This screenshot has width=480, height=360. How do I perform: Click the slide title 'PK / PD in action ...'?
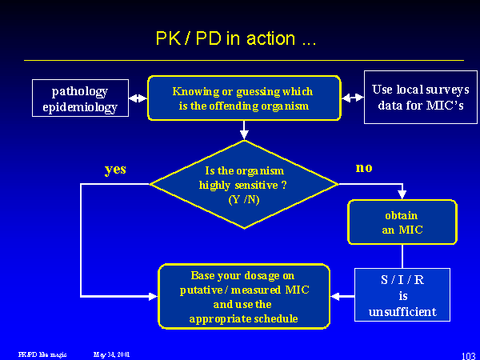(235, 38)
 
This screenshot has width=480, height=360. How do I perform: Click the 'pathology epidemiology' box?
(80, 98)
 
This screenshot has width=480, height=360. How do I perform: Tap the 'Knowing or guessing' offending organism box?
(243, 98)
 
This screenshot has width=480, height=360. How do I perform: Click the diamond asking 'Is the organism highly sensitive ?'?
(243, 185)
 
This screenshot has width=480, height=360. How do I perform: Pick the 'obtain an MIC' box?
(402, 222)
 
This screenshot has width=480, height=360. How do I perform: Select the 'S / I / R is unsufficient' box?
(403, 296)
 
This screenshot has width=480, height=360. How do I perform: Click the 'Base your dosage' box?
(243, 296)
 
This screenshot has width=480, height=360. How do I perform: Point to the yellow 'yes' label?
(115, 170)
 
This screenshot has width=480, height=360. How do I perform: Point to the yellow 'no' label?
(365, 168)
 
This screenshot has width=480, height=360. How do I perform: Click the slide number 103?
(469, 354)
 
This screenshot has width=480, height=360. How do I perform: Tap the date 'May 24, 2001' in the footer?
(111, 353)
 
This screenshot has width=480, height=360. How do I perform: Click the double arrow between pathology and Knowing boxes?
(138, 98)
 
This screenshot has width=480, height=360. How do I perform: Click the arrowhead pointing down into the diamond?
(244, 134)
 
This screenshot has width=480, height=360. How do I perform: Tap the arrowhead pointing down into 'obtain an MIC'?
(402, 194)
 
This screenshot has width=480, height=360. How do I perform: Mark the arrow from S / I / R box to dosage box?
(342, 296)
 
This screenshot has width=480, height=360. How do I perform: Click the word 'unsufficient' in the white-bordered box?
(403, 311)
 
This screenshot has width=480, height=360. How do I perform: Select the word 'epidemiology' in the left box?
(80, 107)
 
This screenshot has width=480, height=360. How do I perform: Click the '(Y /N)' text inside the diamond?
(243, 199)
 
